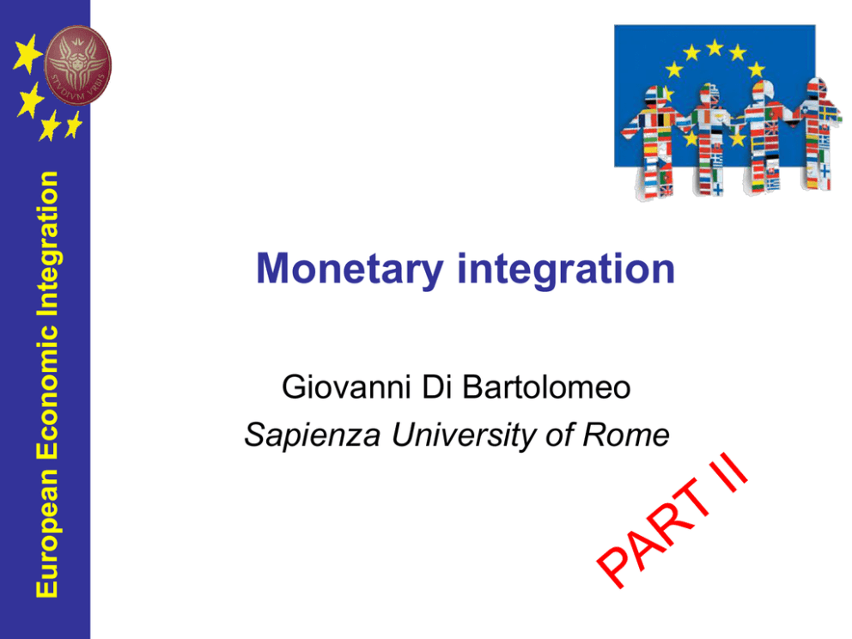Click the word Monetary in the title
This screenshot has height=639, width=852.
coord(350,270)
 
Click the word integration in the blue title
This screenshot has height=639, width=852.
coord(566,269)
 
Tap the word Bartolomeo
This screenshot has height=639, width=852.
coord(546,387)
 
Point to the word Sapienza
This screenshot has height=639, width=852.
coord(313,435)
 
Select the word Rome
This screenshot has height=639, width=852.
coord(625,435)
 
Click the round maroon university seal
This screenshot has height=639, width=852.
coord(77,64)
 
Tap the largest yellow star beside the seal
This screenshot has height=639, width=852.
coord(27,54)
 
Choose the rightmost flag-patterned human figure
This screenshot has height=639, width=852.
coord(818,134)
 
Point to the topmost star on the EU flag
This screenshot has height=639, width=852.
coord(714,48)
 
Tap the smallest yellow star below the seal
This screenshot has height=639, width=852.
coord(73,125)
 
